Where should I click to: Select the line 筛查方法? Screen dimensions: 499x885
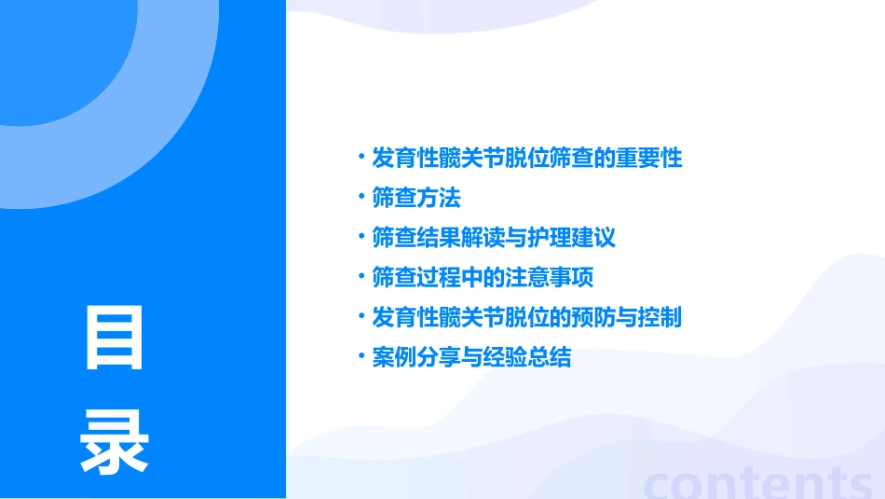tap(415, 198)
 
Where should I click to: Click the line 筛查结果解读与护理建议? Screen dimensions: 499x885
tap(493, 238)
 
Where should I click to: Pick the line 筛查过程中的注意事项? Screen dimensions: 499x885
tap(482, 278)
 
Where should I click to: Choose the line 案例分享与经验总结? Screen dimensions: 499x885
tap(470, 357)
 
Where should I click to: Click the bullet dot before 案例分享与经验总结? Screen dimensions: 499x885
tap(361, 356)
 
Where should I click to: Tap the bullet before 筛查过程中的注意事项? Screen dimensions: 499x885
tap(361, 277)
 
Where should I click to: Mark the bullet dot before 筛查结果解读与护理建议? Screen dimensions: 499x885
tap(361, 237)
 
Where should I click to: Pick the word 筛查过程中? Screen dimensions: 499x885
tap(427, 278)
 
